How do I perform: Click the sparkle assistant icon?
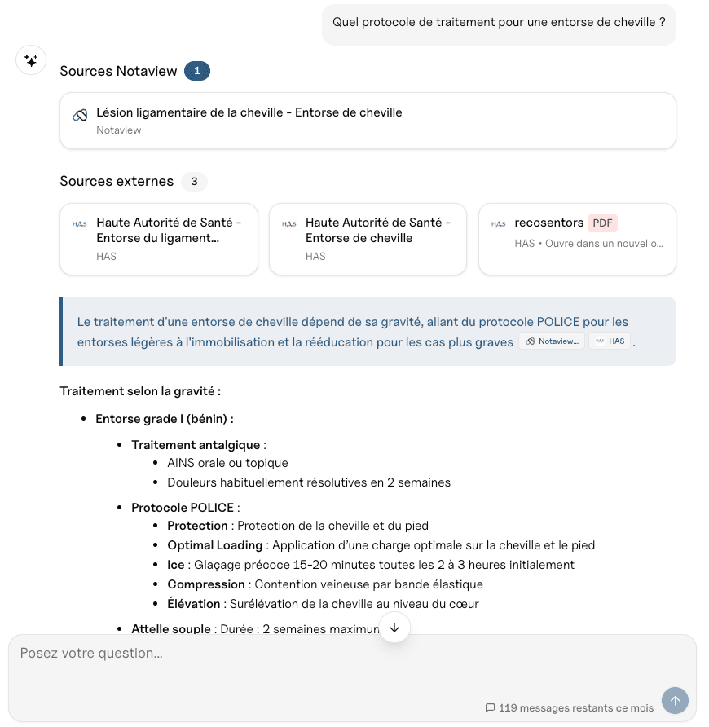pos(31,60)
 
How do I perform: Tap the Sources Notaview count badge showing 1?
pos(197,71)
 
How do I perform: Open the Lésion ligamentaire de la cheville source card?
pos(368,121)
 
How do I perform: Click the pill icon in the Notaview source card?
pos(80,115)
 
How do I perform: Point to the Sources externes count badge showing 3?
pos(194,181)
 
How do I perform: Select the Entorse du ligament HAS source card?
pos(165,239)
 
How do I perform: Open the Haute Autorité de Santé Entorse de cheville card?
pos(368,239)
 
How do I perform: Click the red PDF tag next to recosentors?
pos(603,223)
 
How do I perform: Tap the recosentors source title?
pos(548,223)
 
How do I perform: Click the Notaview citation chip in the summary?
pos(552,341)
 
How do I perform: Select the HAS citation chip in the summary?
pos(610,341)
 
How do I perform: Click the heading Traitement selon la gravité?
pos(140,391)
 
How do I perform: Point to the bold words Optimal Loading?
pos(215,545)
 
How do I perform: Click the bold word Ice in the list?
pos(176,565)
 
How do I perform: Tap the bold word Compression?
pos(206,584)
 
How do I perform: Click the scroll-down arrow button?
pos(394,627)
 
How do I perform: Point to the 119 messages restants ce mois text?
pos(575,708)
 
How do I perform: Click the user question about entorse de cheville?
pos(499,22)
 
